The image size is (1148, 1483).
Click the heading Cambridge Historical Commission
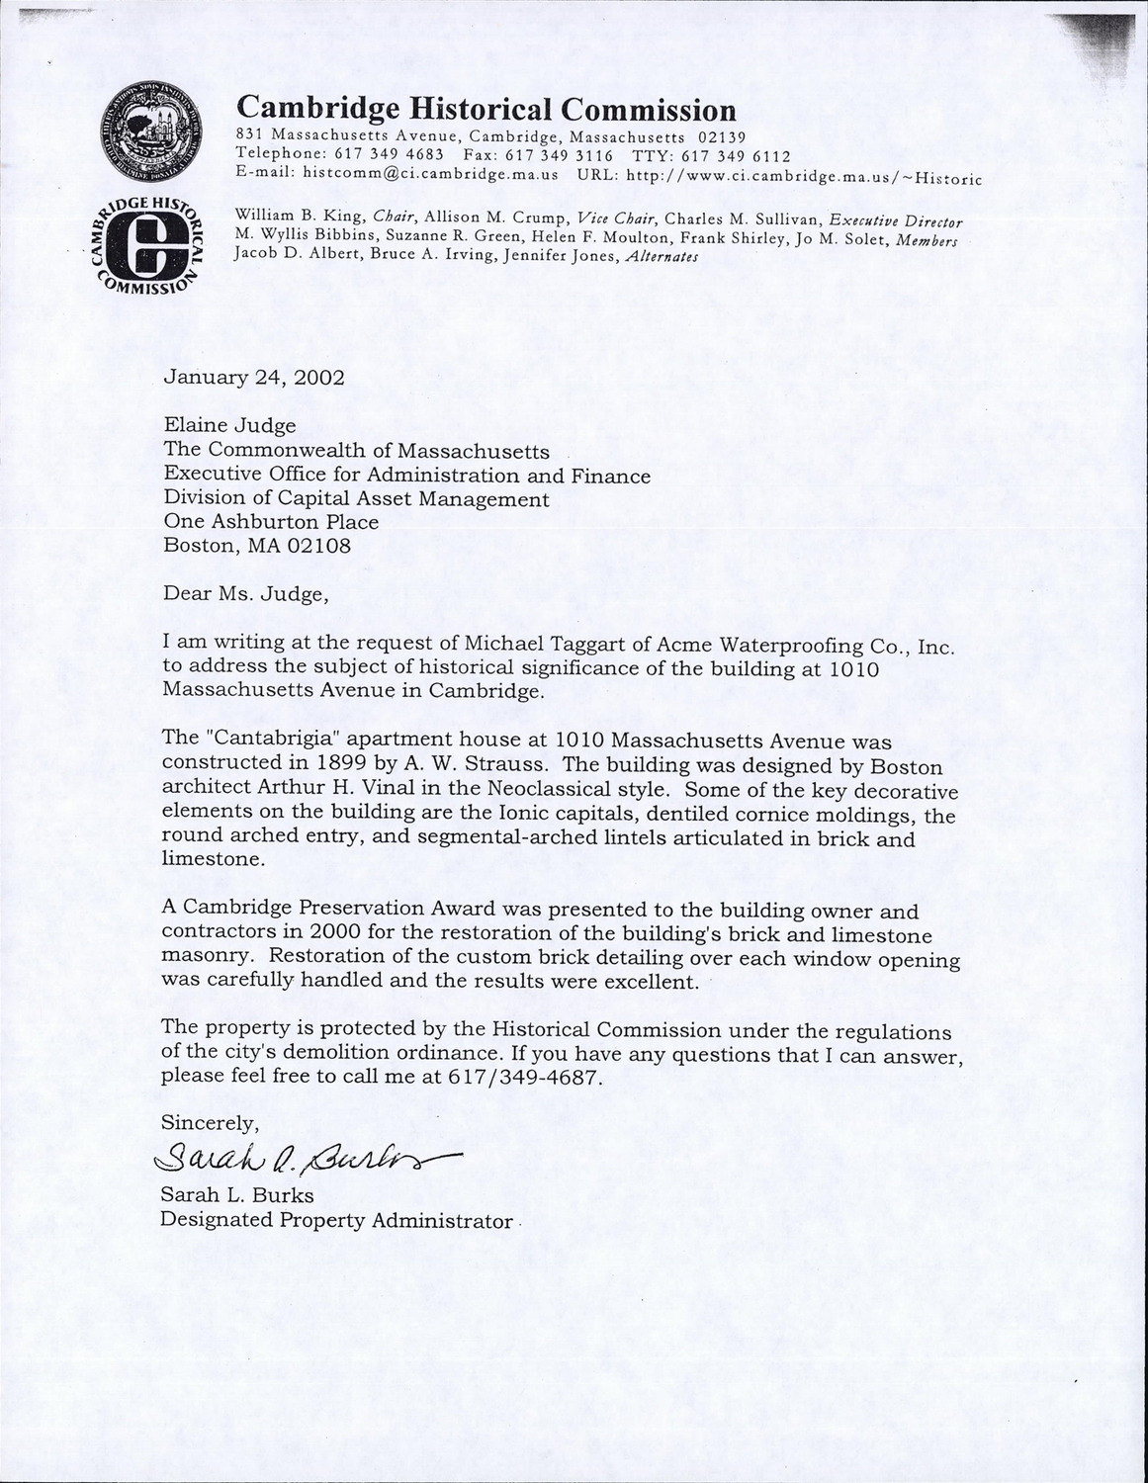[x=486, y=110]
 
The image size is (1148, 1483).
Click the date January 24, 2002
[x=254, y=377]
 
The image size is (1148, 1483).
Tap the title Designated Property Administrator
[x=336, y=1220]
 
